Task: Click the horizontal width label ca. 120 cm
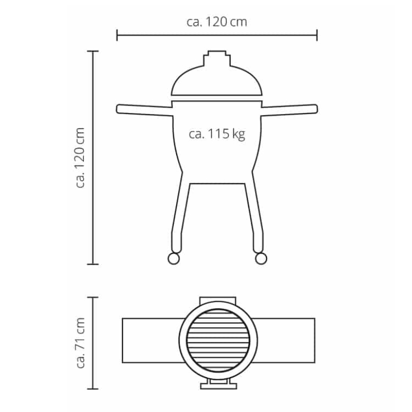tap(217, 22)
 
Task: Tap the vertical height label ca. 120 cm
tap(80, 157)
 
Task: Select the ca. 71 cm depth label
tap(80, 343)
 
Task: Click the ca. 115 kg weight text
tap(217, 134)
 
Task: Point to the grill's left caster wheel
tap(173, 259)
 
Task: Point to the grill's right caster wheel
tap(261, 259)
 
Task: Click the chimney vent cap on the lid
tap(217, 58)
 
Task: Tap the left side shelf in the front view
tap(144, 110)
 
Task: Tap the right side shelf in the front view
tap(290, 110)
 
